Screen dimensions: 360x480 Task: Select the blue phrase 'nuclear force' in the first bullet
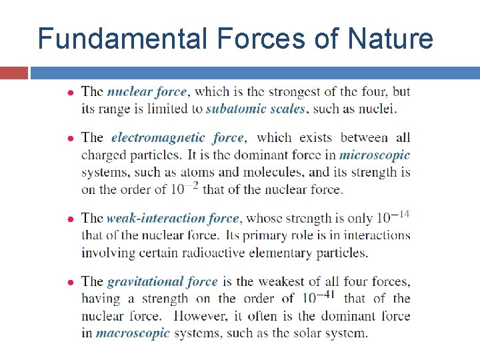coord(147,91)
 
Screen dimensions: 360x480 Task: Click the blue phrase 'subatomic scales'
coord(256,109)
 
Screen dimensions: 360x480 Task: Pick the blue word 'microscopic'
coord(375,155)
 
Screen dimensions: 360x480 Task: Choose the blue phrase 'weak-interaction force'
coord(173,218)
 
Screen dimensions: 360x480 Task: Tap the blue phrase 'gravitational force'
coord(163,281)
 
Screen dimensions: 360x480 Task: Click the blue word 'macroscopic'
coord(133,333)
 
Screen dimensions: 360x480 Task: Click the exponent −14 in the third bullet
coord(401,213)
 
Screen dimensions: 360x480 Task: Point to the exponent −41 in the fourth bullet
coord(326,294)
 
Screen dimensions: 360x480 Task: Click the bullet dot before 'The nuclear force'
coord(71,92)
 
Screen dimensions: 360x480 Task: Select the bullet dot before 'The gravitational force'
coord(71,282)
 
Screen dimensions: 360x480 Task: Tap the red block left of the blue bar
coord(13,73)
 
